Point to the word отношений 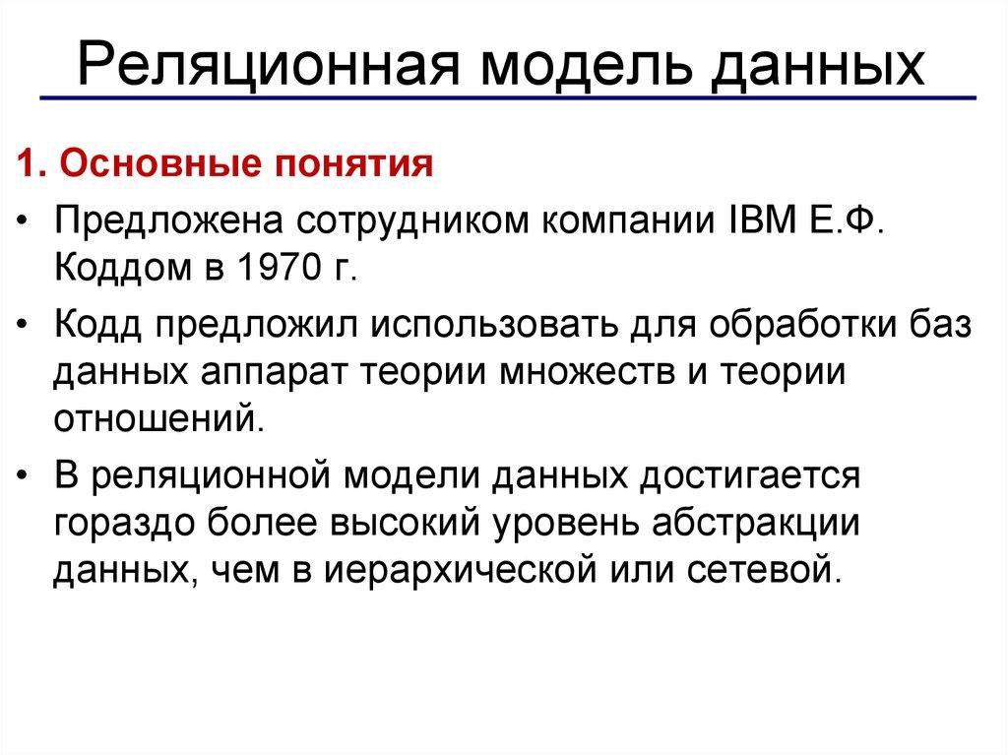159,420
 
